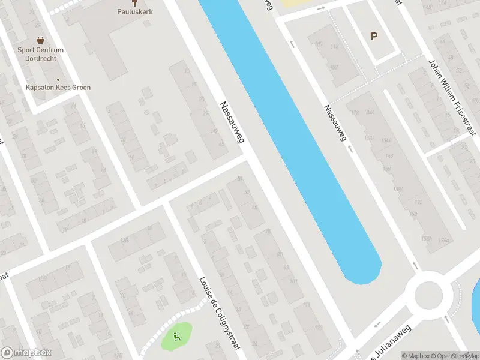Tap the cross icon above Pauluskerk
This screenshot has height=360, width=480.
[x=142, y=2]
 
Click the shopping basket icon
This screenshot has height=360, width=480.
[x=40, y=40]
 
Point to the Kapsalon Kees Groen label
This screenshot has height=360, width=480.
[x=58, y=88]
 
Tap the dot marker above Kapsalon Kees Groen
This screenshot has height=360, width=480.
[x=58, y=80]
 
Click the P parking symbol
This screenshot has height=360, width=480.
[x=374, y=37]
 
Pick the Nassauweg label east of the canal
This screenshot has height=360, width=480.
[x=335, y=123]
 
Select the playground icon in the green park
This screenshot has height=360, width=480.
[x=176, y=336]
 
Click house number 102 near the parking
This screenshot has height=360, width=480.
[x=334, y=67]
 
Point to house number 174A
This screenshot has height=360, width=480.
[x=443, y=241]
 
